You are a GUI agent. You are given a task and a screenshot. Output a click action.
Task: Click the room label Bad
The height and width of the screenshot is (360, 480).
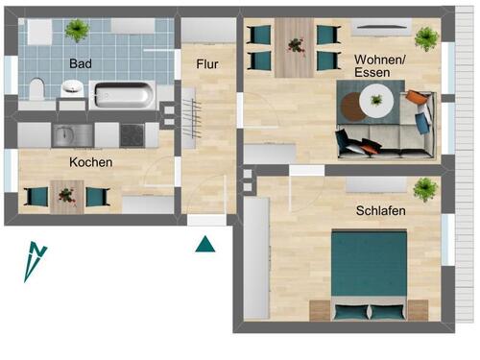pyautogui.click(x=80, y=64)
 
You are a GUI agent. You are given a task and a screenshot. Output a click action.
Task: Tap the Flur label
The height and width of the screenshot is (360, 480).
pyautogui.click(x=207, y=65)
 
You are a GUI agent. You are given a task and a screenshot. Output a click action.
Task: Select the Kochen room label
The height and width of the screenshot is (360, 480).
pyautogui.click(x=91, y=162)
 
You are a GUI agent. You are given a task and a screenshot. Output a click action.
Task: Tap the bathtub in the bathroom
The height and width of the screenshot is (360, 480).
pyautogui.click(x=121, y=96)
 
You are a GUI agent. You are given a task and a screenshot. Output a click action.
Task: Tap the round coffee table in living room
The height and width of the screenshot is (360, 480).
pyautogui.click(x=375, y=99)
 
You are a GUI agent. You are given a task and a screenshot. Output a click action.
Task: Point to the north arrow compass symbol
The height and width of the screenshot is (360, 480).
pyautogui.click(x=35, y=261)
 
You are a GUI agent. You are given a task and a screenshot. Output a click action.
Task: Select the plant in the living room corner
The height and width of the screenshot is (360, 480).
pyautogui.click(x=425, y=37)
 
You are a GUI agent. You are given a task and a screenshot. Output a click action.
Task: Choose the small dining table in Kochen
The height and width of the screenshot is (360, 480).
pyautogui.click(x=66, y=196)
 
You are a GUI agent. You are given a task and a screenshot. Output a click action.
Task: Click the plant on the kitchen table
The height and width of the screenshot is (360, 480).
pyautogui.click(x=66, y=195)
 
